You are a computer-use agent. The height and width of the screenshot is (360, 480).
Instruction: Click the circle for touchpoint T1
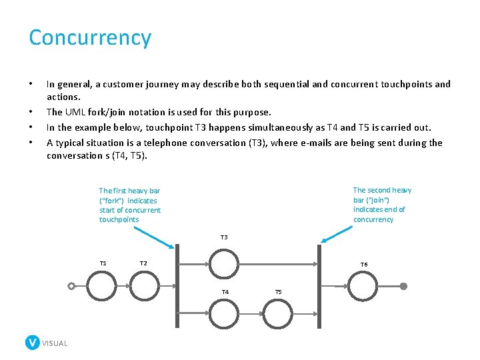tap(102, 286)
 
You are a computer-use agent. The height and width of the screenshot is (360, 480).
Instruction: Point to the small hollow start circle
tap(71, 286)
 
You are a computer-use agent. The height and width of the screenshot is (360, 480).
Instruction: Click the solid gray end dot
tap(403, 286)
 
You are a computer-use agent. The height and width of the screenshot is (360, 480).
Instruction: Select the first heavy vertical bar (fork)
tap(178, 287)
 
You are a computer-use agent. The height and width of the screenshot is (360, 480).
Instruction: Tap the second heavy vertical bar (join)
tap(319, 287)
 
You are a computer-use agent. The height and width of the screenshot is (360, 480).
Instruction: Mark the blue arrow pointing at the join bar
tap(337, 234)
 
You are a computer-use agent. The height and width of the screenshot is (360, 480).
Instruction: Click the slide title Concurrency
tap(90, 37)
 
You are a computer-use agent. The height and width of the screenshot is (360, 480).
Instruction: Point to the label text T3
tap(224, 237)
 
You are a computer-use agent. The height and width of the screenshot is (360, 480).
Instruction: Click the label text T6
tap(364, 265)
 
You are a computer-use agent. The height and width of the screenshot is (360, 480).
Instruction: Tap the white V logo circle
tap(33, 343)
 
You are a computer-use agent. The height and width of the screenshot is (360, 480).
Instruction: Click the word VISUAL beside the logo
tap(55, 343)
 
